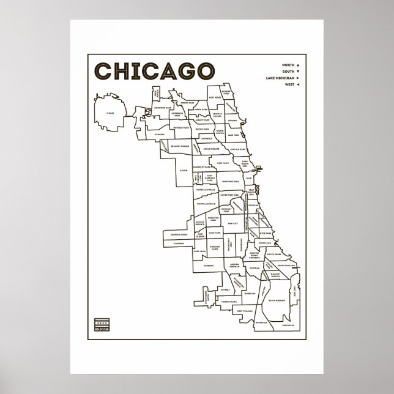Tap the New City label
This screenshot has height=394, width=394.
pyautogui.click(x=232, y=224)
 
